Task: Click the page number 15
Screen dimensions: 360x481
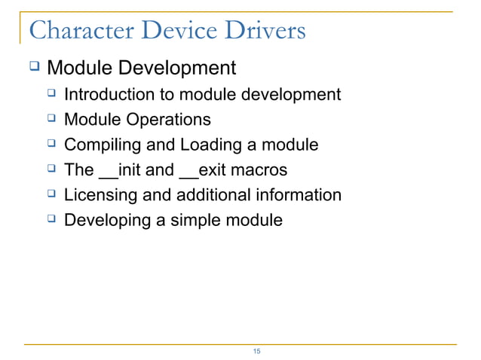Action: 256,352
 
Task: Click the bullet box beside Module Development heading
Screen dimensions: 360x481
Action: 33,67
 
